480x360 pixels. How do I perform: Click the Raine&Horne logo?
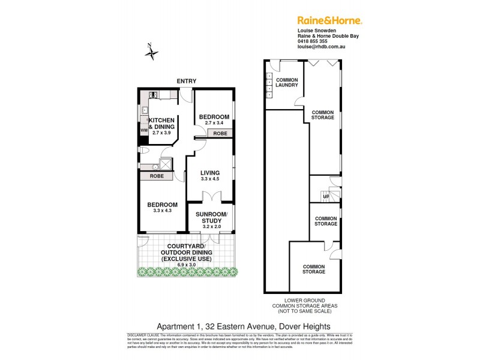(330, 20)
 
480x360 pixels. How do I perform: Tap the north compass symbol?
(152, 52)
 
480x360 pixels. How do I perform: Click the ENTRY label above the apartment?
(186, 81)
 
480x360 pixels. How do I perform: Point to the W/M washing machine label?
(144, 130)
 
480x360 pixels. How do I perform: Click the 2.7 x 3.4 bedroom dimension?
(214, 123)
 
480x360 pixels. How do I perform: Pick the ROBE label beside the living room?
(220, 133)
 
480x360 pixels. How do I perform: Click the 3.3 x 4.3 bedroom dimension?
(163, 211)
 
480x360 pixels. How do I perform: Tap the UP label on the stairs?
(326, 196)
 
